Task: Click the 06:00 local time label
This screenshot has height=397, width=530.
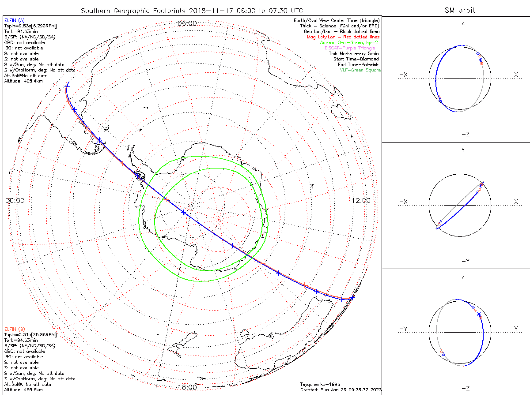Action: (187, 23)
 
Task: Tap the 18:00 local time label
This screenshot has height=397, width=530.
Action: (187, 387)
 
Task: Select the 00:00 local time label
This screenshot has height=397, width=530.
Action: (15, 200)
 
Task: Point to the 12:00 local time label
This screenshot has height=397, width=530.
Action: (361, 200)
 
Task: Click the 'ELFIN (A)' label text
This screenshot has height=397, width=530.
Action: (15, 20)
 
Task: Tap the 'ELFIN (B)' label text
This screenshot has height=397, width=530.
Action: (15, 329)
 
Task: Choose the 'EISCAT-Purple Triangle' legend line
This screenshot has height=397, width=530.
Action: (353, 48)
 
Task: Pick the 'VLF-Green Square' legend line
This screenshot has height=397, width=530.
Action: (360, 70)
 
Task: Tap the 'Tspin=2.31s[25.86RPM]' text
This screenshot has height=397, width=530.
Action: (30, 335)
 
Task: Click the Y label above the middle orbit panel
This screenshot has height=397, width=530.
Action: (463, 150)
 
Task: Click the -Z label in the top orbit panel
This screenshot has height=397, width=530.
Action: (465, 134)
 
